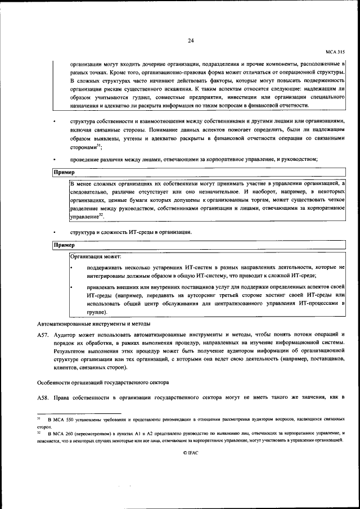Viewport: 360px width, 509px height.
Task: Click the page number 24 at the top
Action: click(191, 40)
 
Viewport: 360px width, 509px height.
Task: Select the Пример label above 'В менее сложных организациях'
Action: click(64, 172)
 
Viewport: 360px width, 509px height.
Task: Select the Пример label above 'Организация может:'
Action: click(64, 245)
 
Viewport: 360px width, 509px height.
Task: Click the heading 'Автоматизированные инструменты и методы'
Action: click(93, 324)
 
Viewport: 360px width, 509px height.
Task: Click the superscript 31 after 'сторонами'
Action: click(98, 145)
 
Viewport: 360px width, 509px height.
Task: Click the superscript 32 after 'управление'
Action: click(101, 214)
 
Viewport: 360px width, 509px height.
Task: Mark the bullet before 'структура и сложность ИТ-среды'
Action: click(55, 232)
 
